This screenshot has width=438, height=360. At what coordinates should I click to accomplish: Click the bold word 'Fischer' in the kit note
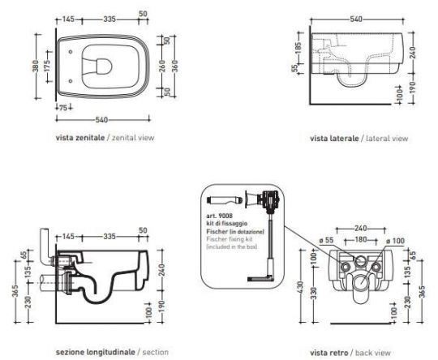215,231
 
